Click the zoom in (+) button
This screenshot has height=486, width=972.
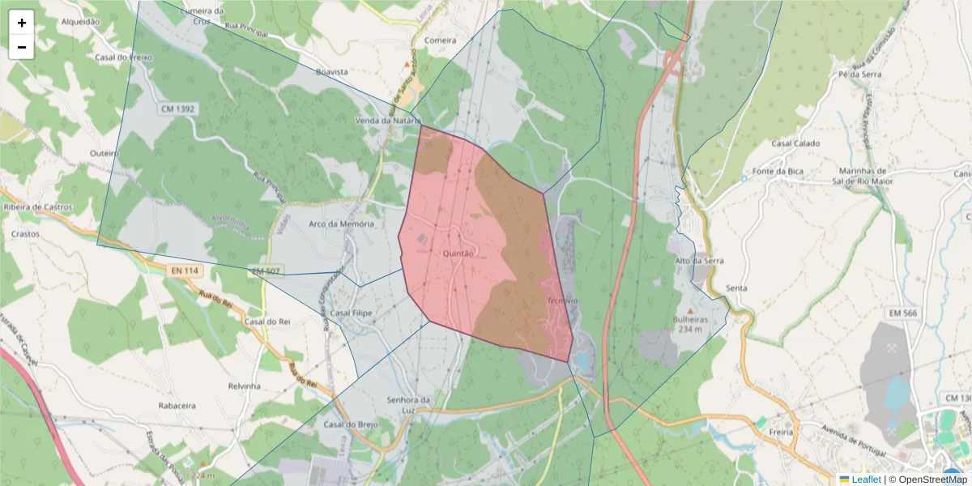[22, 23]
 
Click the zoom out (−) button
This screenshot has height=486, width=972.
[22, 47]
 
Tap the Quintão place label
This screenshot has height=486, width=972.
[458, 254]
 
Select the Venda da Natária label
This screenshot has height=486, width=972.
[385, 121]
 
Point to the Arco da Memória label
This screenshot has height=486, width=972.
[341, 224]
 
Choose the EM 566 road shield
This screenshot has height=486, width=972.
[903, 313]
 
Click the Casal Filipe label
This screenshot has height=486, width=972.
[350, 313]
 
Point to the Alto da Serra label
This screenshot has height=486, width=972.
[699, 261]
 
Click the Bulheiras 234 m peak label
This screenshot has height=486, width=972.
[690, 324]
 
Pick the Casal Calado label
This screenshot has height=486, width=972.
[795, 143]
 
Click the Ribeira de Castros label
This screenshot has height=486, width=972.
[38, 207]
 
